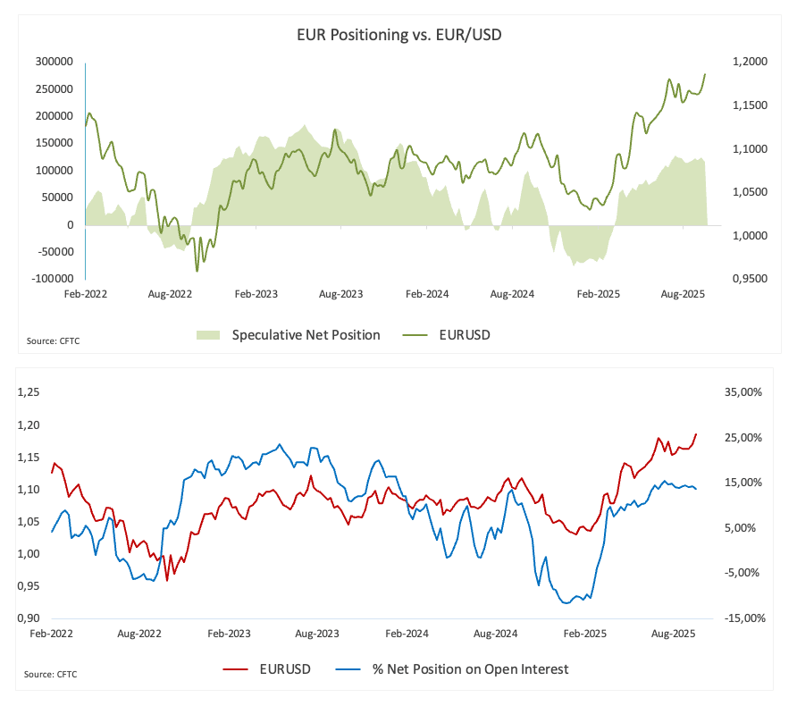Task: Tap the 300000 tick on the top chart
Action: (54, 62)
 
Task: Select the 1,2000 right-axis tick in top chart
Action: (749, 62)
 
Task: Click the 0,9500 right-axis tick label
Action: (749, 279)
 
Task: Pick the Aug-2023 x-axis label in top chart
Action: (340, 293)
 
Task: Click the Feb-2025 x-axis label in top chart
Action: (598, 293)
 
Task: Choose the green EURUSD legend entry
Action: (465, 335)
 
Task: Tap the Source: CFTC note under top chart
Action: (54, 340)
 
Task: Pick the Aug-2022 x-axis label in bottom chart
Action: (139, 634)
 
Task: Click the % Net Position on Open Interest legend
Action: (470, 668)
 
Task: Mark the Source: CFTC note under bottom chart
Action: (50, 674)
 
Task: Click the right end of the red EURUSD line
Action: (696, 434)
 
